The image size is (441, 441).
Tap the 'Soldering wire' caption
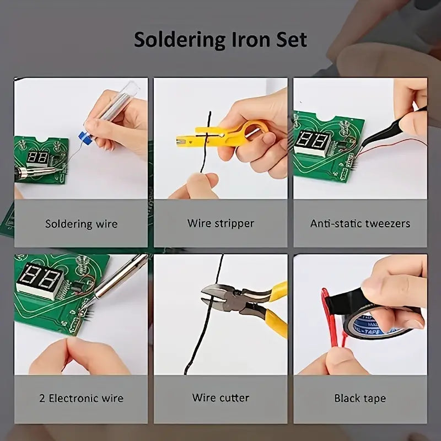coord(81,224)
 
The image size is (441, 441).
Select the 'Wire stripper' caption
coord(220,223)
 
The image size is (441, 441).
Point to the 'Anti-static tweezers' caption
coord(360,223)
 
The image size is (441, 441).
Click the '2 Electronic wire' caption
coord(81,398)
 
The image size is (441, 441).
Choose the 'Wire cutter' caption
coord(220,397)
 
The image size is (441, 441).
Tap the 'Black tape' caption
coord(360,398)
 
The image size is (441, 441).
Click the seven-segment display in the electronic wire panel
coord(39,281)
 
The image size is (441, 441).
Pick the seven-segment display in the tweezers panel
coord(312,143)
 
